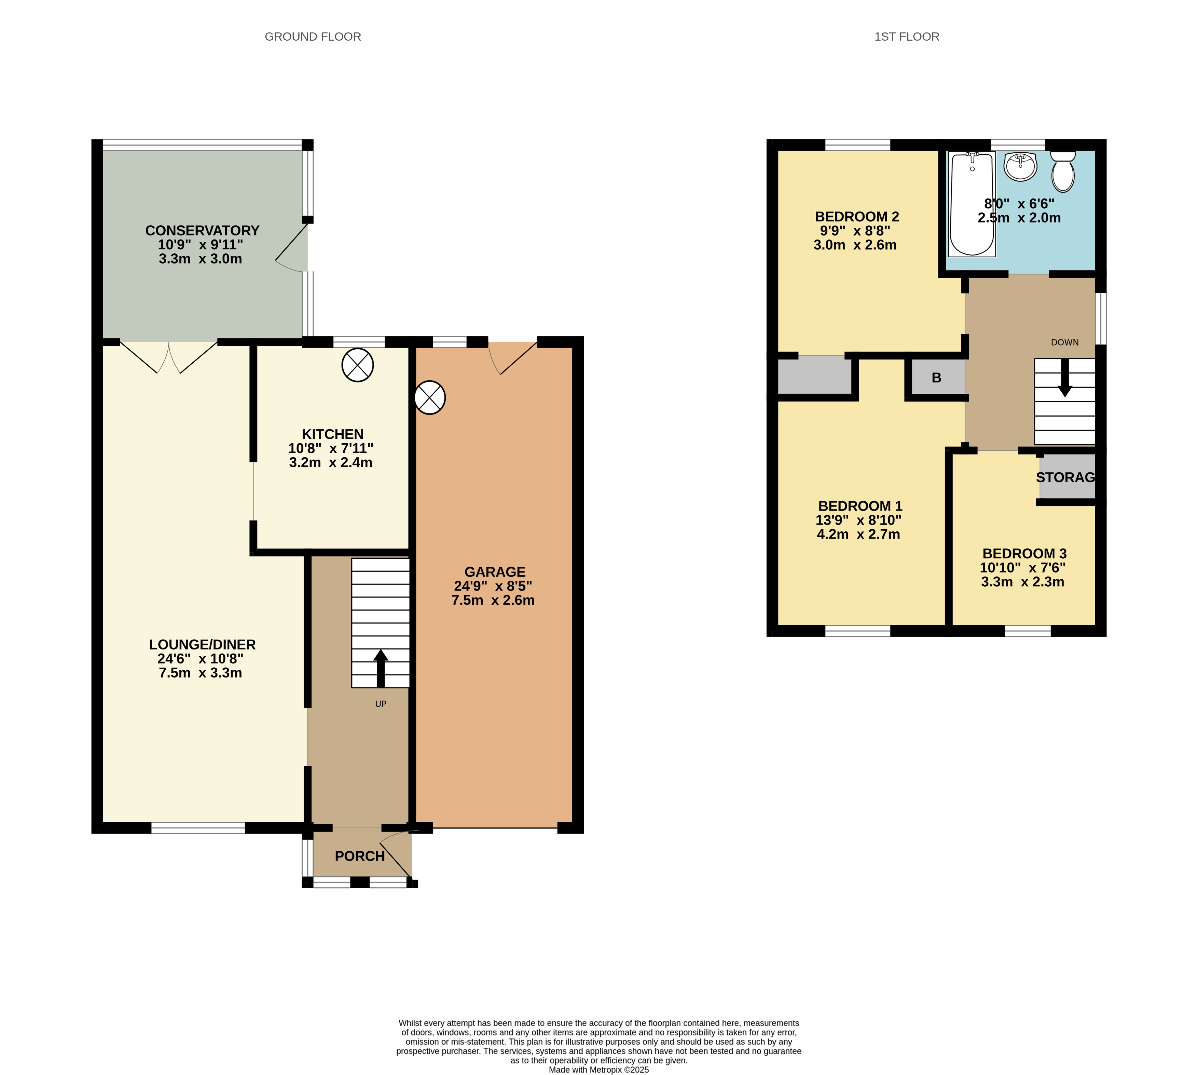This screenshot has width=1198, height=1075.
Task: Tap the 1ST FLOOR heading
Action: tap(906, 37)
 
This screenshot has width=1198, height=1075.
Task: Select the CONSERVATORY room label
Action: tap(202, 231)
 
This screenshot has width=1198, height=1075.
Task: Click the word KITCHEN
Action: tap(333, 434)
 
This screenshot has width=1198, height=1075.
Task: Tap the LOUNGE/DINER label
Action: tap(202, 644)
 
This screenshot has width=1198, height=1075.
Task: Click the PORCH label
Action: tap(360, 856)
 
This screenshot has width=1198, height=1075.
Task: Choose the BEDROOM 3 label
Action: tap(1024, 554)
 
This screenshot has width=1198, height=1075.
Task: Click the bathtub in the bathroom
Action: tap(972, 204)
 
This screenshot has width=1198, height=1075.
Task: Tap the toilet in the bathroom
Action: tap(1063, 171)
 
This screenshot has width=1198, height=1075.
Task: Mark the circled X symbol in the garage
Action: tap(429, 397)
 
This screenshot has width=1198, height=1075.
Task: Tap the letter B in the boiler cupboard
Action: tap(936, 377)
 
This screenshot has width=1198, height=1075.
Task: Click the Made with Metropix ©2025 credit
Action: tap(598, 1070)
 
